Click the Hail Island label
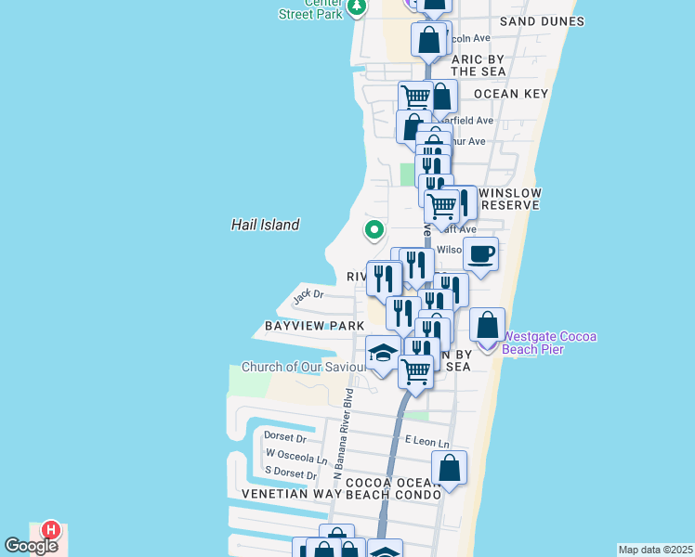point(265,225)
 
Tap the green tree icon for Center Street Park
point(356,7)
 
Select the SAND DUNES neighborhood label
point(542,21)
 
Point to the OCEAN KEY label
point(511,94)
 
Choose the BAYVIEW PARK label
point(314,327)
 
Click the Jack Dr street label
point(308,296)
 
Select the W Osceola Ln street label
point(296,456)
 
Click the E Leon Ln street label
point(426,444)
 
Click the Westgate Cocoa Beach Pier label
point(549,343)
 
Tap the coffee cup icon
point(480,254)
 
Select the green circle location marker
point(374,229)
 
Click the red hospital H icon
point(52,531)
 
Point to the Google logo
point(31,546)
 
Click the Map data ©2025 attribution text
point(655,550)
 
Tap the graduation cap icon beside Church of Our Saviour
point(382,353)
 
